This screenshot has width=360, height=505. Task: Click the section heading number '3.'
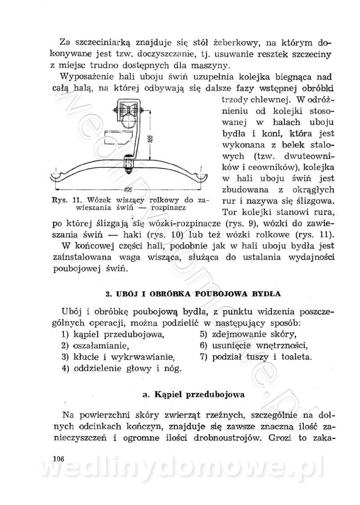(x=108, y=294)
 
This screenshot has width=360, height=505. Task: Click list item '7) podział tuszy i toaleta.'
(x=256, y=358)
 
